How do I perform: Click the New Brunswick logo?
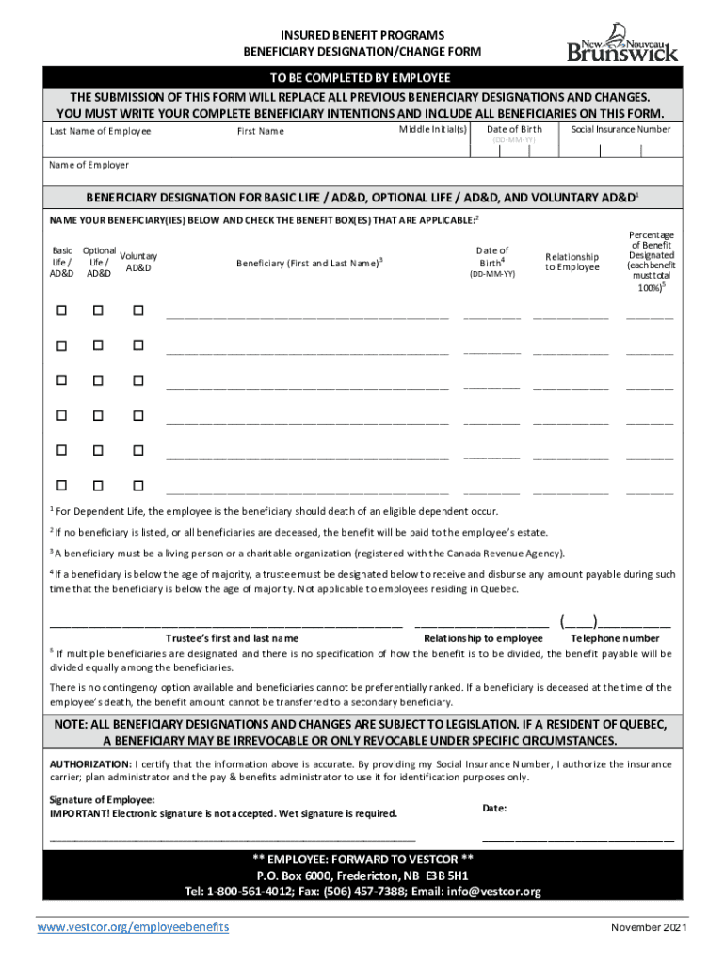click(621, 42)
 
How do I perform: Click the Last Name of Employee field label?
click(100, 131)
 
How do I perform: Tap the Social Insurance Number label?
click(620, 129)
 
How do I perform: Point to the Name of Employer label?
click(89, 165)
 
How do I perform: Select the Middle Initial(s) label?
click(433, 129)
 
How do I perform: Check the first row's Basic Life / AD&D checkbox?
click(62, 310)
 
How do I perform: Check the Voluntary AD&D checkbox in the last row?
click(137, 486)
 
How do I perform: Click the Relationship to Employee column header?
click(572, 262)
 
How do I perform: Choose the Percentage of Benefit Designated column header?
click(651, 261)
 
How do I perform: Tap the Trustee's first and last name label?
click(233, 638)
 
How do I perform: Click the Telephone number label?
click(615, 638)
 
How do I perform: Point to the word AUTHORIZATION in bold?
click(91, 763)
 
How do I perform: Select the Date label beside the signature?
click(495, 808)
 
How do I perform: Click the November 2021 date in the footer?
click(649, 928)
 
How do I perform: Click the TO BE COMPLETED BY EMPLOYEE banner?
click(362, 77)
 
